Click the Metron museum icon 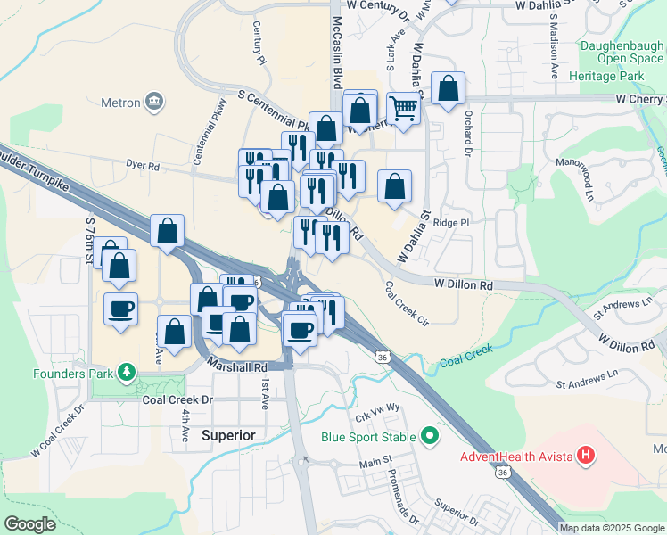click(154, 101)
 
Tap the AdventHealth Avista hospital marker click(586, 457)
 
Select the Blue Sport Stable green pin click(431, 437)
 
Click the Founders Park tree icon click(128, 372)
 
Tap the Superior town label click(229, 435)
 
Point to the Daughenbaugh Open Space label click(622, 52)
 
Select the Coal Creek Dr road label click(178, 400)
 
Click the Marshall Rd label click(237, 366)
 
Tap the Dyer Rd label click(142, 165)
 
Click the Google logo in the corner click(29, 524)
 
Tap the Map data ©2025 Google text click(611, 528)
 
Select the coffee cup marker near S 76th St click(120, 309)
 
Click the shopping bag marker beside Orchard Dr click(448, 88)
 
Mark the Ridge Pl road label click(450, 222)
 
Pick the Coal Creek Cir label click(407, 304)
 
